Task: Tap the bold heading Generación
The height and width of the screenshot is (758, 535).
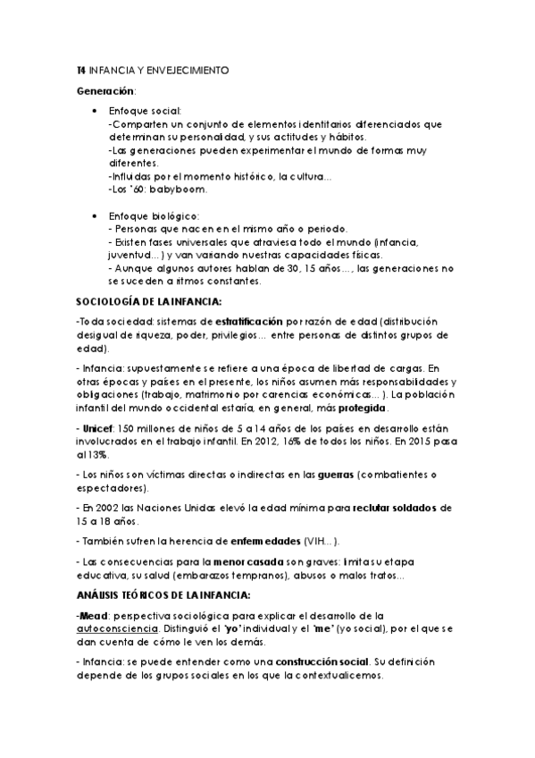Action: coord(106,92)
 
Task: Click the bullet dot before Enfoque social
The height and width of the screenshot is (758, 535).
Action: coord(96,111)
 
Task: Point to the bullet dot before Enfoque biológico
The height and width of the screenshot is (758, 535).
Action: coord(96,216)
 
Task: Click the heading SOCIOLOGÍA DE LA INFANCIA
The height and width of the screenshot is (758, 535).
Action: coord(148,301)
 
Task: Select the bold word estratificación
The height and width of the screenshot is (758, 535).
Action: coord(248,320)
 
